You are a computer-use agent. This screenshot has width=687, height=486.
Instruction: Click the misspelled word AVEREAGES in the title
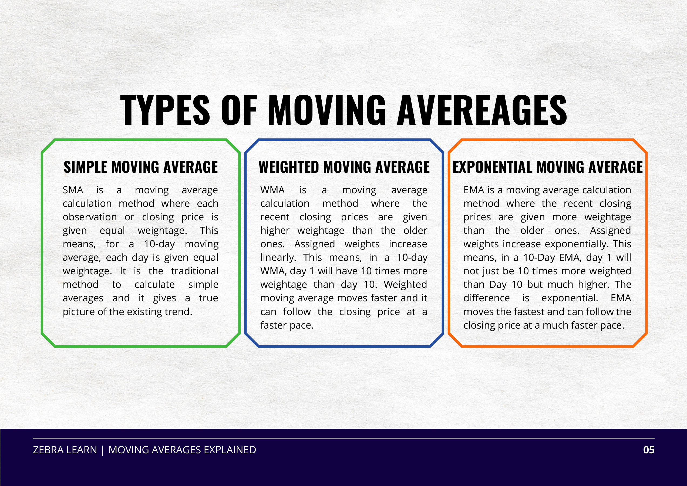point(482,110)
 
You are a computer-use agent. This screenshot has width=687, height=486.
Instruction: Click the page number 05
point(649,450)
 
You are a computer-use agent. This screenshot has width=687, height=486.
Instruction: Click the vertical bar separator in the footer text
point(103,450)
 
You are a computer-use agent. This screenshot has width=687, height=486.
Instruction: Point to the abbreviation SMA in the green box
point(73,190)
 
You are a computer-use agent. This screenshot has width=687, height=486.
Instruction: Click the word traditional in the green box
point(195,271)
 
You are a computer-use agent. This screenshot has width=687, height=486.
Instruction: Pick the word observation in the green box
point(89,217)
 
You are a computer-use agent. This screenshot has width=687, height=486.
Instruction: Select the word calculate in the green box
point(154,285)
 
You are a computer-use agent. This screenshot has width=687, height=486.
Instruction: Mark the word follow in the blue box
point(297,312)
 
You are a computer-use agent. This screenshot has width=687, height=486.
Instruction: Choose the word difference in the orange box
point(486,298)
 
